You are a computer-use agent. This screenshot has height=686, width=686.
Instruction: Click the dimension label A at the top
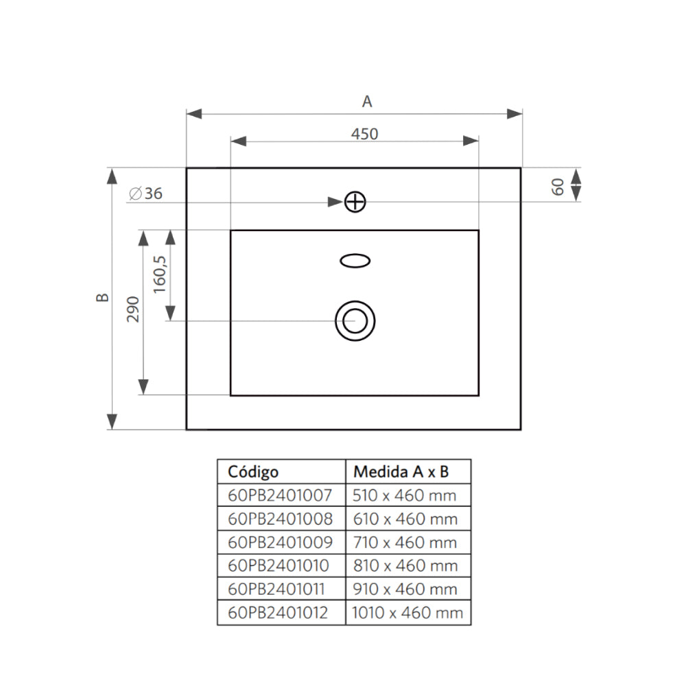(x=367, y=102)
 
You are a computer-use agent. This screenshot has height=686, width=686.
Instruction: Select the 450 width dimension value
(x=364, y=134)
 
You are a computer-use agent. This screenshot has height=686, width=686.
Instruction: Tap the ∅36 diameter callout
(x=145, y=194)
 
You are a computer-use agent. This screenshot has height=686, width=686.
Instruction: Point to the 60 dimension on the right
(x=558, y=186)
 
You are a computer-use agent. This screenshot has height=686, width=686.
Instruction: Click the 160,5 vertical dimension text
(x=159, y=274)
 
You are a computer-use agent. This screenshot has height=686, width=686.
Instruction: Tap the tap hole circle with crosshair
(x=355, y=202)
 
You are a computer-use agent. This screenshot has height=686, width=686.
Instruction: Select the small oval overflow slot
(x=355, y=260)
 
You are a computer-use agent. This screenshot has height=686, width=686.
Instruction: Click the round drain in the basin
(x=355, y=320)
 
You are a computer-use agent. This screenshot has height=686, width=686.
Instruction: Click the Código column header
(x=253, y=472)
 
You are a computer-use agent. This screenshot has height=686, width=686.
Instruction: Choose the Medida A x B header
(x=401, y=472)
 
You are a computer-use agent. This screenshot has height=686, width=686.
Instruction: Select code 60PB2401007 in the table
(x=280, y=495)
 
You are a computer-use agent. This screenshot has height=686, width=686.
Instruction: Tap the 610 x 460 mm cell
(x=405, y=519)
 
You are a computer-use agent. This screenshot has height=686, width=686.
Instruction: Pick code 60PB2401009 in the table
(x=280, y=543)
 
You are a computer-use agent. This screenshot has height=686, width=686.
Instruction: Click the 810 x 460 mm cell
(x=405, y=566)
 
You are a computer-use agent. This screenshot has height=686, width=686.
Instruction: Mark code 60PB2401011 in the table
(x=277, y=589)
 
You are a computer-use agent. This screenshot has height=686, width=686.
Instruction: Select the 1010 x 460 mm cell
(x=407, y=613)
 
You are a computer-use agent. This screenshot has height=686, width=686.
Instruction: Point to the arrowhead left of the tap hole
(x=334, y=202)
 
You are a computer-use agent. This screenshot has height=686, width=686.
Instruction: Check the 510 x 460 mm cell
(x=405, y=495)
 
